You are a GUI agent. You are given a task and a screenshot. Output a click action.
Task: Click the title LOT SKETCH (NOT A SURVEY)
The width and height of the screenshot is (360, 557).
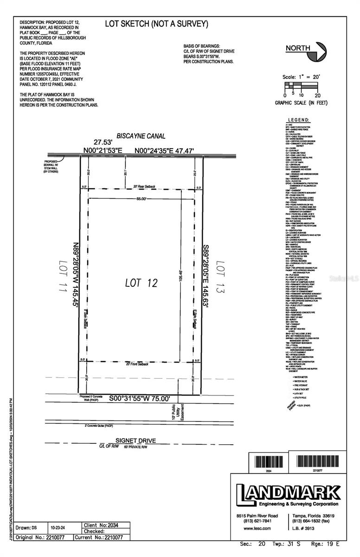click(156, 24)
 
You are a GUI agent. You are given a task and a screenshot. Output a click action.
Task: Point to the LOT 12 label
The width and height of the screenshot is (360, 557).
click(142, 283)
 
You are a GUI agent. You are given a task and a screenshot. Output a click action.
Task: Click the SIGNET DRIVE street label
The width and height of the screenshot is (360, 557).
click(135, 440)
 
